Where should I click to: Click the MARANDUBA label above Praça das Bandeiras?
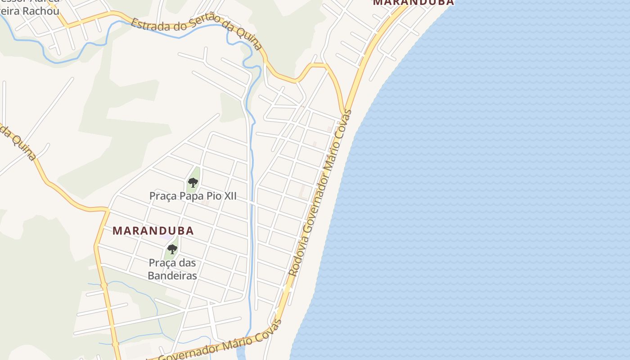pos(153,231)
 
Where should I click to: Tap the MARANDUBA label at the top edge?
pos(413,2)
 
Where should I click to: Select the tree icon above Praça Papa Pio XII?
pos(193,182)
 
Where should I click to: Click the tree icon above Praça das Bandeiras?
pos(172,249)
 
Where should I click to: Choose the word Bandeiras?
pos(172,275)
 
